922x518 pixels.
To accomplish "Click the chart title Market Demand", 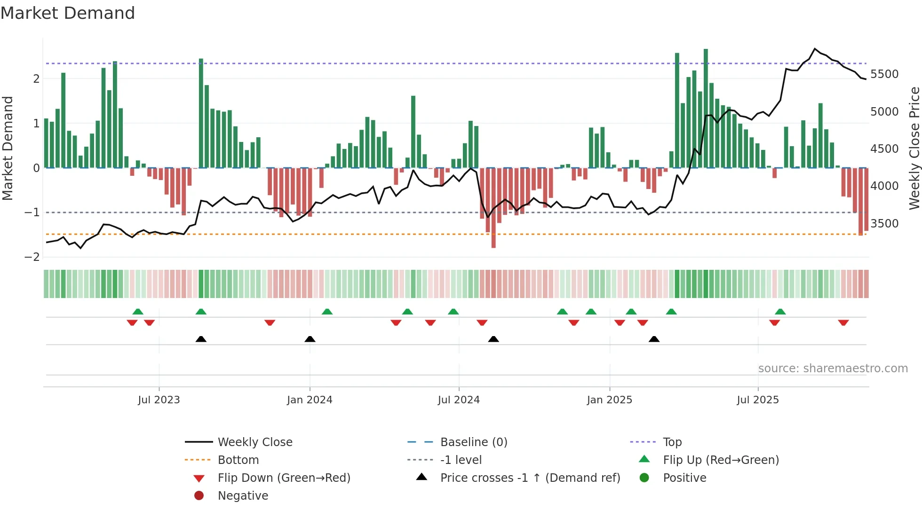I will [x=68, y=13].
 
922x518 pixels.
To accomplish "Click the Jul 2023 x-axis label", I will [x=159, y=400].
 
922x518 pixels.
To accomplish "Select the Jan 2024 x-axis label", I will [x=310, y=400].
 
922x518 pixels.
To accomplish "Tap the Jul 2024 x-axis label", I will [x=459, y=400].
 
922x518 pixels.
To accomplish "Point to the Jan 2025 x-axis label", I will [x=610, y=400].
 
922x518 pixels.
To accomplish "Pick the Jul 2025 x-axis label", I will [x=758, y=400].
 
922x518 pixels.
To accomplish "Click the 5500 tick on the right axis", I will [x=884, y=74].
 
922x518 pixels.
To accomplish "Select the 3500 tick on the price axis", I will [x=884, y=224].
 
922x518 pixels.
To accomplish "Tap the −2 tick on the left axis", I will [x=32, y=257].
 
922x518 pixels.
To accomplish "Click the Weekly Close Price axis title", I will [x=914, y=148].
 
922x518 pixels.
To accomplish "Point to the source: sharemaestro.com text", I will [x=833, y=369].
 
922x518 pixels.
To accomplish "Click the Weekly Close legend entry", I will [x=254, y=442].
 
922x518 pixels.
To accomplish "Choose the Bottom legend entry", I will [x=238, y=460].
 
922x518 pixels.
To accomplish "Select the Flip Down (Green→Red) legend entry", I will [x=284, y=478].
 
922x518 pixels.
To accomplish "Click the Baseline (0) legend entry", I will [x=473, y=442].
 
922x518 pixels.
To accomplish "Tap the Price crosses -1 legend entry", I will [x=530, y=478].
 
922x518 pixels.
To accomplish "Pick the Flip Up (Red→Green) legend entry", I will [x=721, y=460].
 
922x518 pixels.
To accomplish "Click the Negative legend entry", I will [x=243, y=496].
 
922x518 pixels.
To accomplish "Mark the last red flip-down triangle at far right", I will [x=843, y=322].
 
